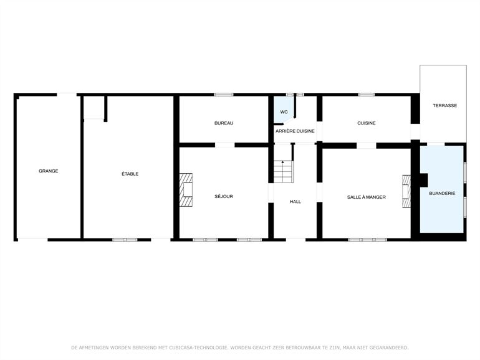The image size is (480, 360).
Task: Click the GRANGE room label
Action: [x=48, y=171]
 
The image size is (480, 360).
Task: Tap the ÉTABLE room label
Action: [x=130, y=174]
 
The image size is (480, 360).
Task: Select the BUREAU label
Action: [x=224, y=123]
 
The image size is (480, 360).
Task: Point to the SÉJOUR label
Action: [x=224, y=197]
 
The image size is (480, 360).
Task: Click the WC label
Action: [x=284, y=112]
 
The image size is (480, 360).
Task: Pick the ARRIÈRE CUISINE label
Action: [x=295, y=131]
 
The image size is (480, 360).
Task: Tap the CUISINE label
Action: [x=367, y=123]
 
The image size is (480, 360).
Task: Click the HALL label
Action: [x=295, y=202]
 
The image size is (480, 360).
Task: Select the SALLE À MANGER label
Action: [x=367, y=197]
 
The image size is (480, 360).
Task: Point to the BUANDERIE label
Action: [x=442, y=194]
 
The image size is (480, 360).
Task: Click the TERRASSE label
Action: [x=444, y=106]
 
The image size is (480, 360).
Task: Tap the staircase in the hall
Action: [x=283, y=171]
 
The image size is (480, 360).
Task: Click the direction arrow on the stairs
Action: [x=282, y=164]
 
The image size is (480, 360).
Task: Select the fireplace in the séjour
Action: [x=187, y=189]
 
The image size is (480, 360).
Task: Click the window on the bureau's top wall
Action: [x=224, y=95]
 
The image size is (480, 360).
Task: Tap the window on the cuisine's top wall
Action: [x=367, y=95]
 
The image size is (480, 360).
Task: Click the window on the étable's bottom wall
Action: [x=125, y=240]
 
